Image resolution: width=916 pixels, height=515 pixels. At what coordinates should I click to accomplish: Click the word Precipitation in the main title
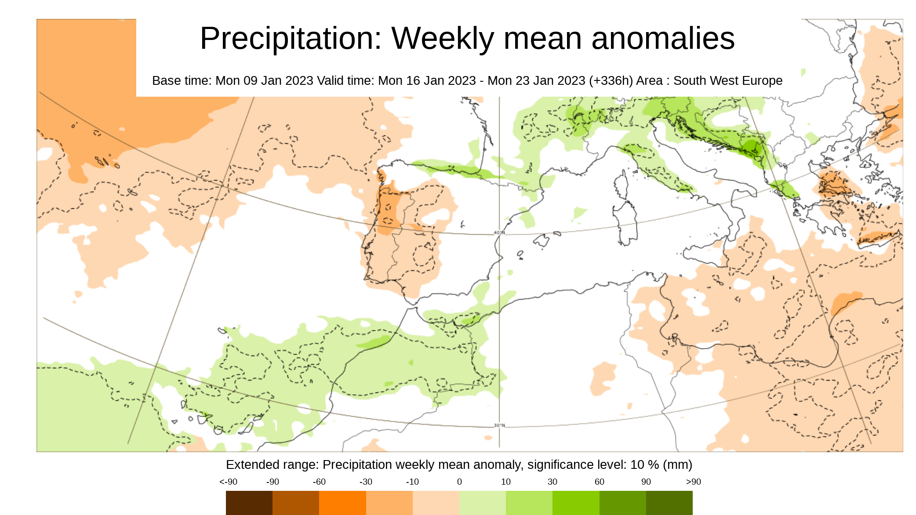(291, 39)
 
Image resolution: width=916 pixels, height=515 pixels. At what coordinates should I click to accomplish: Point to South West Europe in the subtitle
(727, 81)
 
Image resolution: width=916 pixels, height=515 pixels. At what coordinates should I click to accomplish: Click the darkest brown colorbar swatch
(249, 502)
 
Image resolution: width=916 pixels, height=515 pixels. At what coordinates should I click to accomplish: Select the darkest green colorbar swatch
(669, 502)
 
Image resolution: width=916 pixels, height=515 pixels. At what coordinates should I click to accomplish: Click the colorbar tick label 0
(459, 482)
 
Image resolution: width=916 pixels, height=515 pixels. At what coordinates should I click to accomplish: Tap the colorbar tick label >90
(693, 482)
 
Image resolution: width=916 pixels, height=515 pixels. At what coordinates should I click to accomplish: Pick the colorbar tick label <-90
(228, 482)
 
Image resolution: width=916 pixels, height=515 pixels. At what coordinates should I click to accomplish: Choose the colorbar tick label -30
(366, 482)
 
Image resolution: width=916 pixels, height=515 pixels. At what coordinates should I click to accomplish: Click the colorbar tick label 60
(599, 482)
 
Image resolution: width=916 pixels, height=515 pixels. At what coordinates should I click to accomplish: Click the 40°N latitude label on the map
(499, 232)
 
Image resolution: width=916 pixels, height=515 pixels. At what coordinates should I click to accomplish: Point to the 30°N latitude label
(499, 425)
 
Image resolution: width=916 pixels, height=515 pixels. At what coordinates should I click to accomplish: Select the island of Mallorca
(542, 240)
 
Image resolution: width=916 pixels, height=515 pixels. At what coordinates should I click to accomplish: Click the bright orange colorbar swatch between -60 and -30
(342, 502)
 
